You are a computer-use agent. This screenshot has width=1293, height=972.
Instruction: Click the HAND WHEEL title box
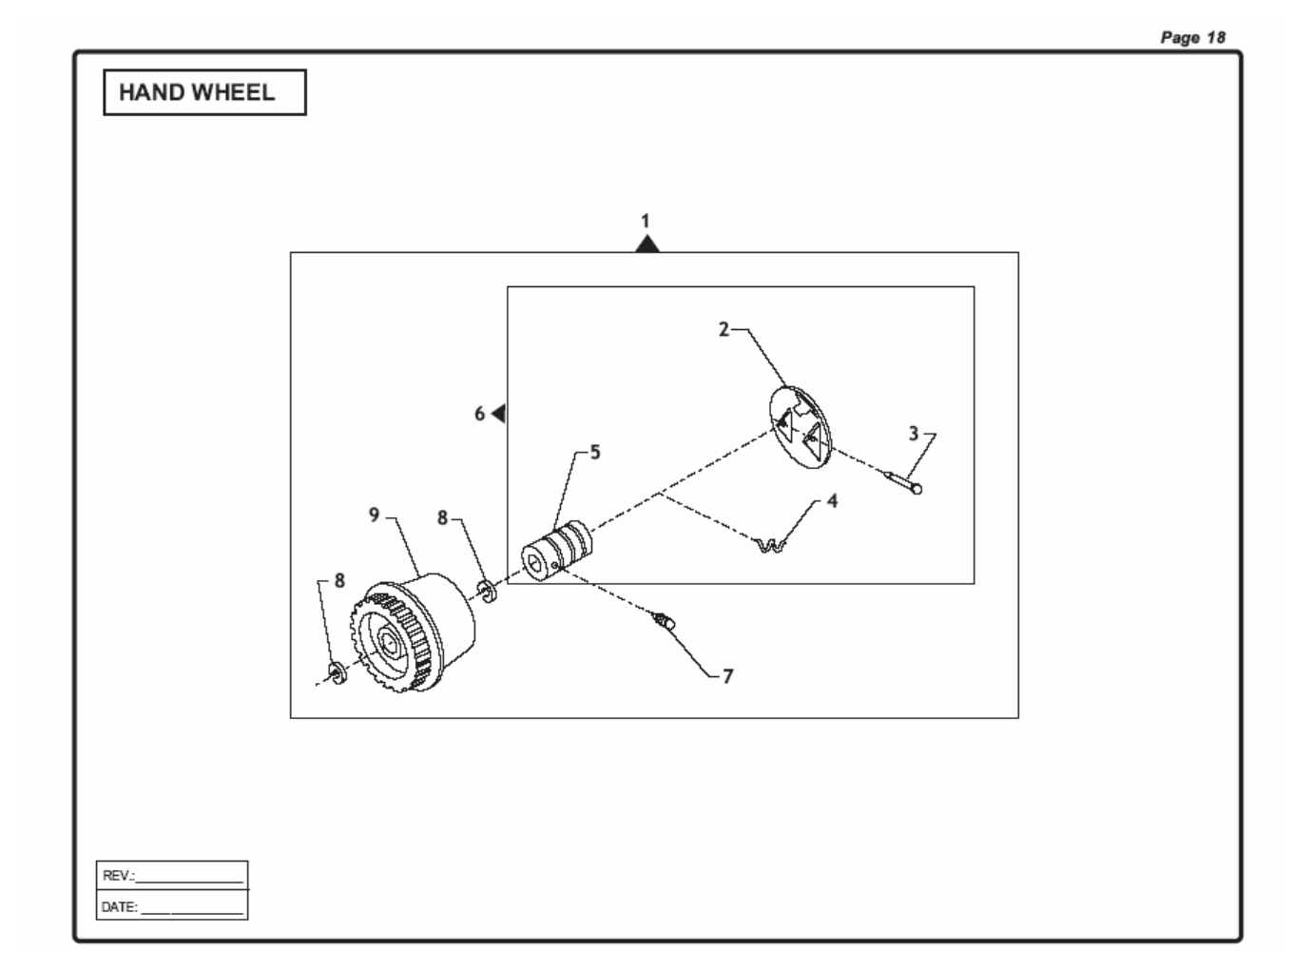coord(204,92)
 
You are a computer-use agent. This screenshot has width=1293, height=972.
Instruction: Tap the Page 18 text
coord(1193,37)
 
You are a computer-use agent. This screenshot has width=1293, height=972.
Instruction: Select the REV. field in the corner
coord(172,875)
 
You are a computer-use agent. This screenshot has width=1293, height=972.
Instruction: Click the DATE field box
coord(172,906)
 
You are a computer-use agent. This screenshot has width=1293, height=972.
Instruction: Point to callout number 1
coord(646,221)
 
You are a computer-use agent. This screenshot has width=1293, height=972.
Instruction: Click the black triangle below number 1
coord(647,244)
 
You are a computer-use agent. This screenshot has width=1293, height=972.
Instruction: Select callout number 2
coord(724,329)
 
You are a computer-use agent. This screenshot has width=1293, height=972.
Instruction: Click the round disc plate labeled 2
coord(800,427)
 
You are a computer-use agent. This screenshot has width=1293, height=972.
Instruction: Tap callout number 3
coord(914,434)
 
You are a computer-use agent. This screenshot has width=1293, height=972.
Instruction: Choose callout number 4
coord(832,500)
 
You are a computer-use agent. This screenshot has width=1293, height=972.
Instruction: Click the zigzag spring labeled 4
coord(770,546)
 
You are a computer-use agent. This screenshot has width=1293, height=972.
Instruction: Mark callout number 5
coord(595,452)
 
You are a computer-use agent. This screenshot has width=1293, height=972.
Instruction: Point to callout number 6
coord(480,414)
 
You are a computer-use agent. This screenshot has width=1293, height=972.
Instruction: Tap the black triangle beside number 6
coord(499,414)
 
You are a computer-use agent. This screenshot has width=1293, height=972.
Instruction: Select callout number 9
coord(375,515)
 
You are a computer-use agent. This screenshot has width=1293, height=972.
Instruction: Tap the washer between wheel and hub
coord(488,592)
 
